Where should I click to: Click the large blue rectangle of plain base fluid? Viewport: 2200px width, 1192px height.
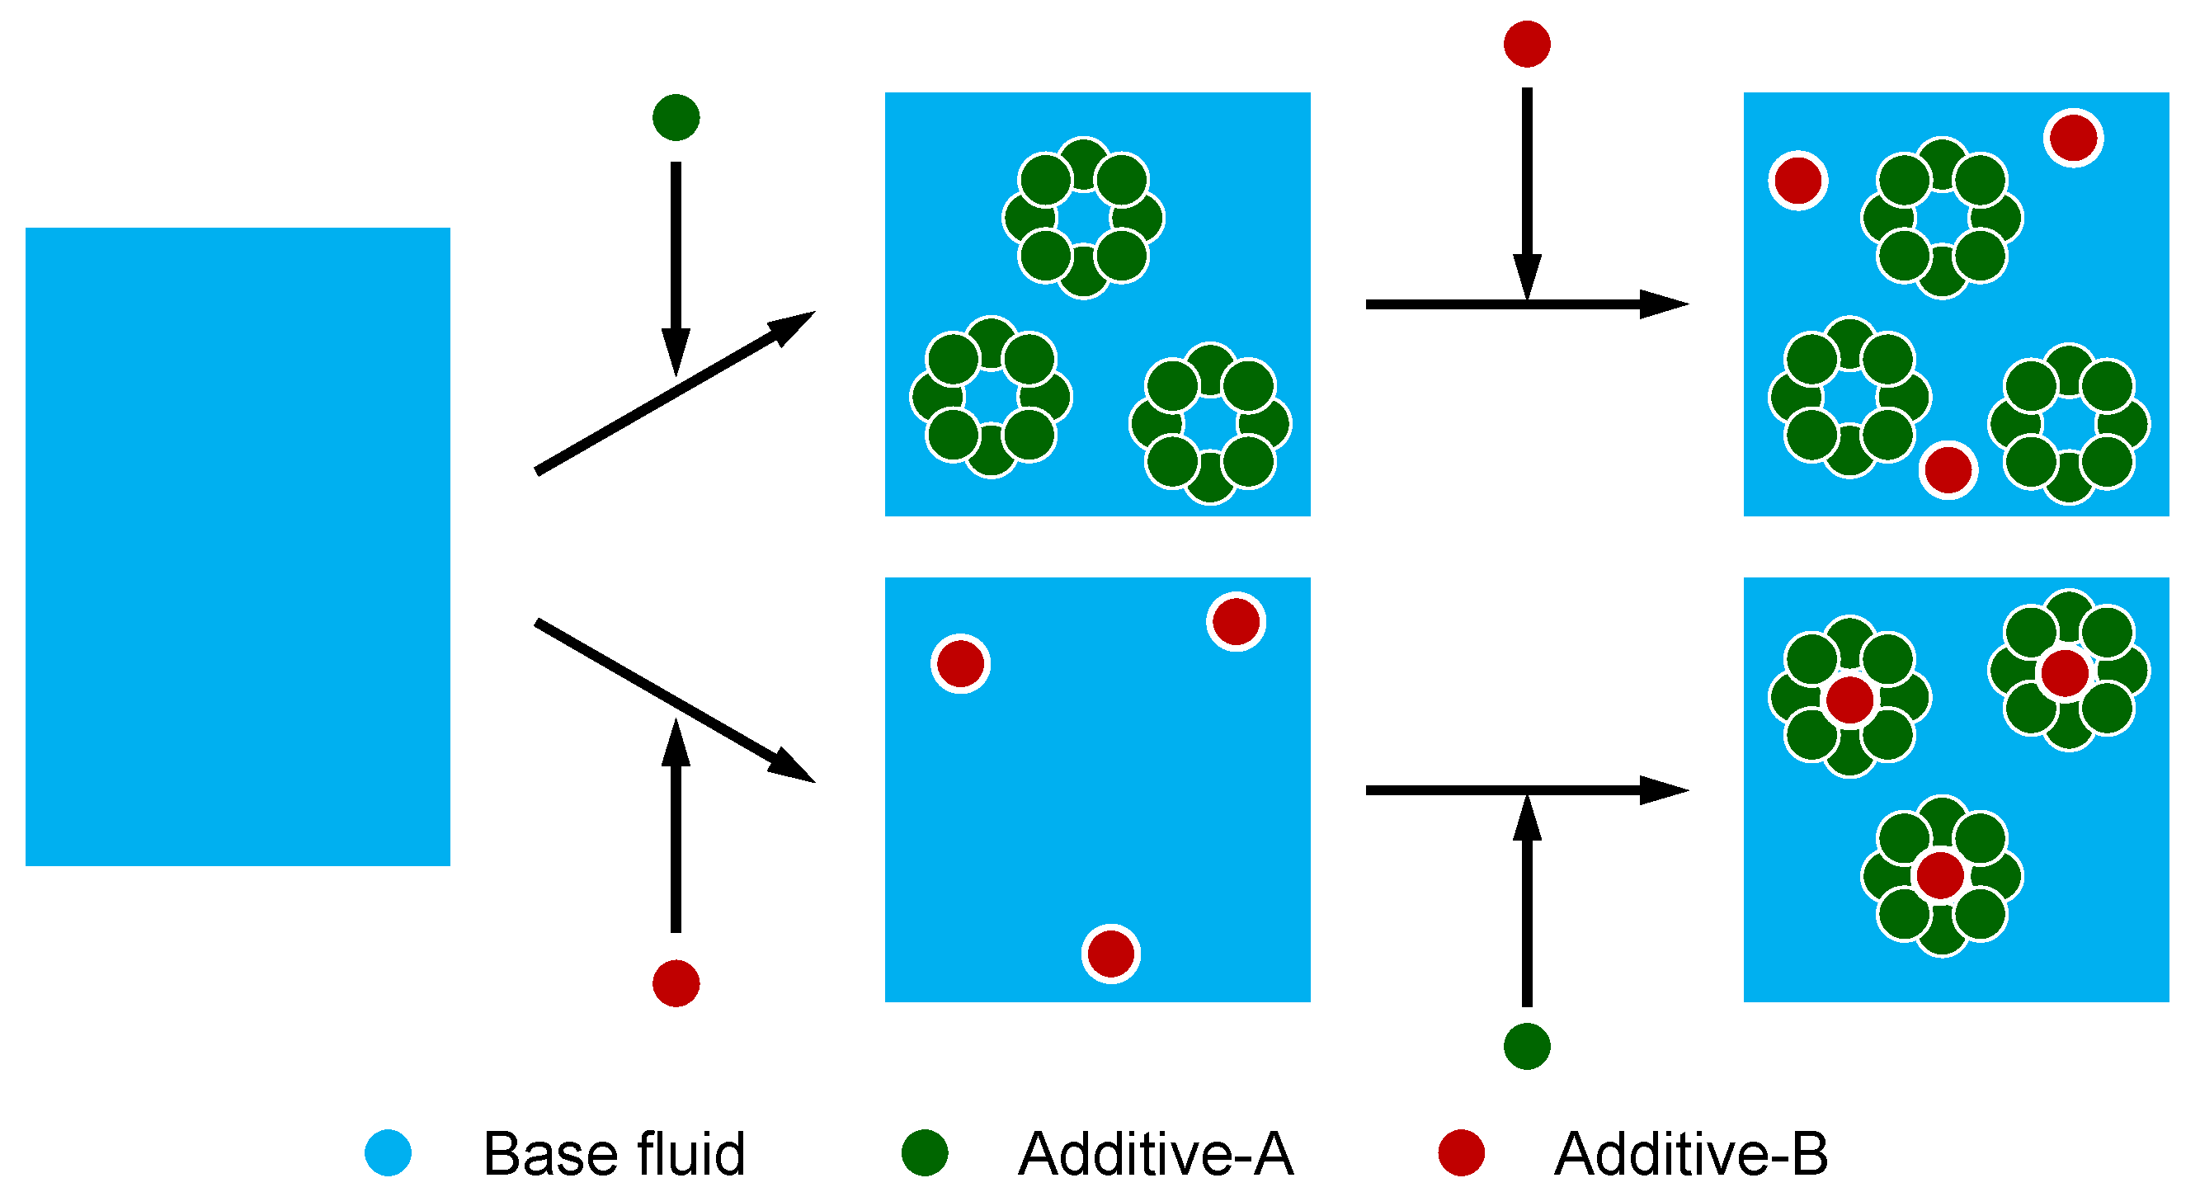pos(238,546)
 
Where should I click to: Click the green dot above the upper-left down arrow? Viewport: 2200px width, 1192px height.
pos(676,117)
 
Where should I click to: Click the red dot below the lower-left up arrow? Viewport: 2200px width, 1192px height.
pos(676,982)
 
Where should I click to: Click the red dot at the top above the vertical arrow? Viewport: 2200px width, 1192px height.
pos(1526,44)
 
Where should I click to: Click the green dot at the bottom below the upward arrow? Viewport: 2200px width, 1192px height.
pos(1526,1046)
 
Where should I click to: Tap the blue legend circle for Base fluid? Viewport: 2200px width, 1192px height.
pos(388,1152)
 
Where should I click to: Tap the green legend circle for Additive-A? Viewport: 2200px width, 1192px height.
pos(925,1152)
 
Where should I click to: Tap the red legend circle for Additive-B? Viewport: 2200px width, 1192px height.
pos(1461,1152)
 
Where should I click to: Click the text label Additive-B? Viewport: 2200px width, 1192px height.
pos(1691,1153)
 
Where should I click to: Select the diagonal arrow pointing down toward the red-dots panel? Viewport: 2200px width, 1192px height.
pos(675,702)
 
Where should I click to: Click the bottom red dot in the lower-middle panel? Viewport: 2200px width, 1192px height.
pos(1110,953)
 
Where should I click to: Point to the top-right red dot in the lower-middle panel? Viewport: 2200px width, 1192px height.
pos(1236,621)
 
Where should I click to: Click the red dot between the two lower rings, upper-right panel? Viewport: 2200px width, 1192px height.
pos(1948,469)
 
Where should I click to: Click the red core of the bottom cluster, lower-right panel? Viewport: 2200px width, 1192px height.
pos(1940,875)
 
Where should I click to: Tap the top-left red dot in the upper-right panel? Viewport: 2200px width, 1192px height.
pos(1797,180)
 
